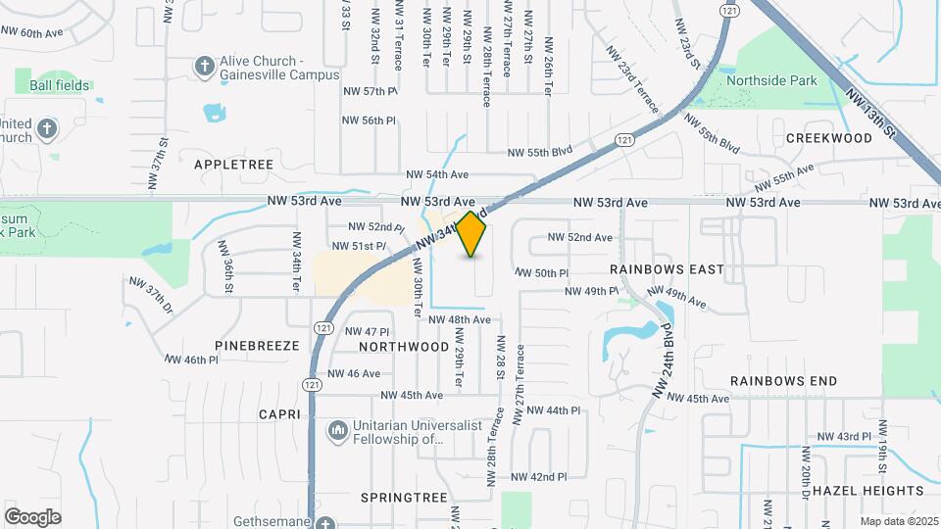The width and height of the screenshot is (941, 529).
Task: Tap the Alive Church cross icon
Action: coord(204,67)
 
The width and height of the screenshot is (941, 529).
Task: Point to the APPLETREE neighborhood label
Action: coord(233,165)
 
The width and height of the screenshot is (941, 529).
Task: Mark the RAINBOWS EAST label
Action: coord(667,268)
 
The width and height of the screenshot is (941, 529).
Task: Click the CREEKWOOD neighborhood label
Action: coord(828,138)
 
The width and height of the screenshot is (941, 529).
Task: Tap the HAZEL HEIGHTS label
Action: coord(867,490)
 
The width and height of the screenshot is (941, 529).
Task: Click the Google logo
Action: coord(32,516)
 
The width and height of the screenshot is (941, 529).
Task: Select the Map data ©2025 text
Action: coord(898,521)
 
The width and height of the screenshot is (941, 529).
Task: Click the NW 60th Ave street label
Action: coord(31,32)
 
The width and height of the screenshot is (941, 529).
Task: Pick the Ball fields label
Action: coord(60,85)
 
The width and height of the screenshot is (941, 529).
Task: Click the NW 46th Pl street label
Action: coord(190,361)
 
